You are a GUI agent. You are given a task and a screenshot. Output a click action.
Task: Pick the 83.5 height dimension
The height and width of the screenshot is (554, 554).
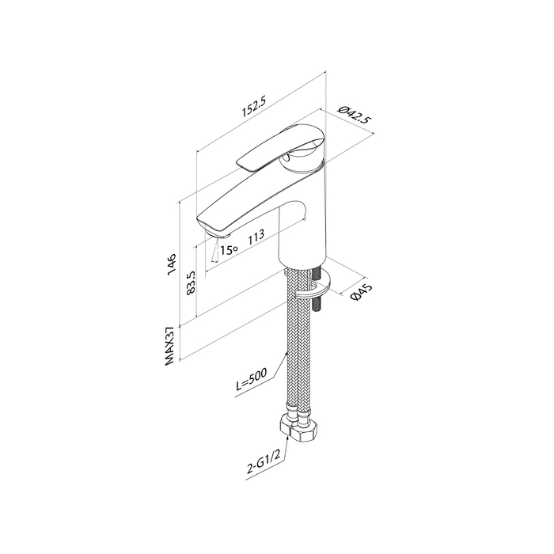(191, 283)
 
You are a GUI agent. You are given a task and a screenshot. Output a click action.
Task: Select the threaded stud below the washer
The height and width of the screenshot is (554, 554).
(316, 305)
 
